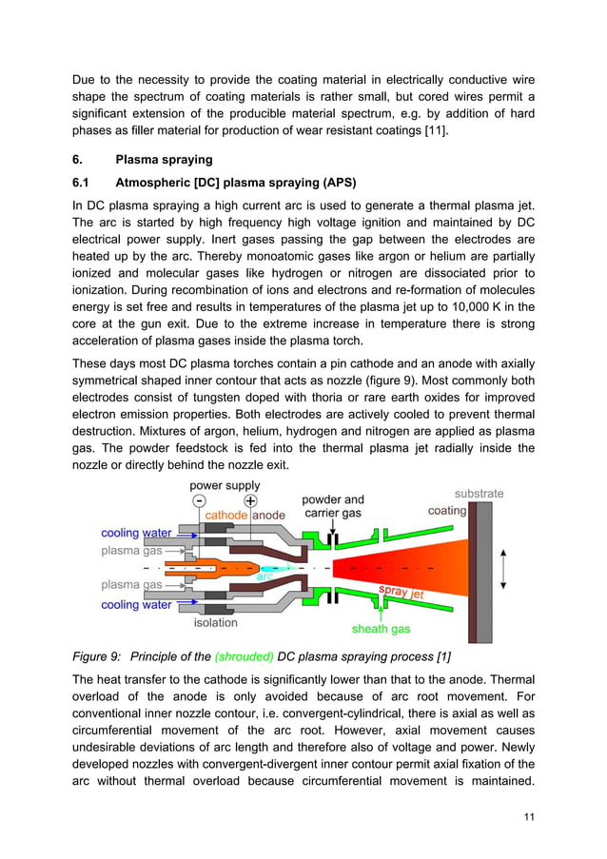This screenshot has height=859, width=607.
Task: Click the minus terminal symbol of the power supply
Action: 197,500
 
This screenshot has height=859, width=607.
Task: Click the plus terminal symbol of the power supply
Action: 250,500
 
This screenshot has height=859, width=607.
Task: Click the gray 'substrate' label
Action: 479,494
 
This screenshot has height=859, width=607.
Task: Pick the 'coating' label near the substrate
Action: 447,510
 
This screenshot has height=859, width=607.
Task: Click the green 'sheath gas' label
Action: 382,629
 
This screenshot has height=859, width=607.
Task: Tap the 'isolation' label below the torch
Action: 216,623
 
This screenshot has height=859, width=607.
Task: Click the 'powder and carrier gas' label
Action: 332,507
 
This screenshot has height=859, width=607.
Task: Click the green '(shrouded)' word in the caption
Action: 244,657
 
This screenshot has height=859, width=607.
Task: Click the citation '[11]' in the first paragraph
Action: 431,129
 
